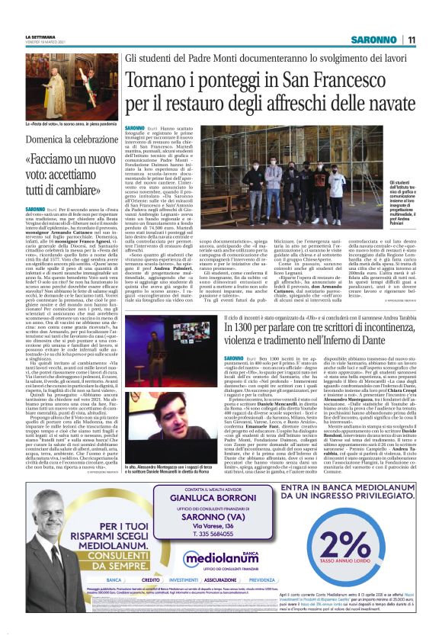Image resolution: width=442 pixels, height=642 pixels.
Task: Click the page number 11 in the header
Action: (x=411, y=39)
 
